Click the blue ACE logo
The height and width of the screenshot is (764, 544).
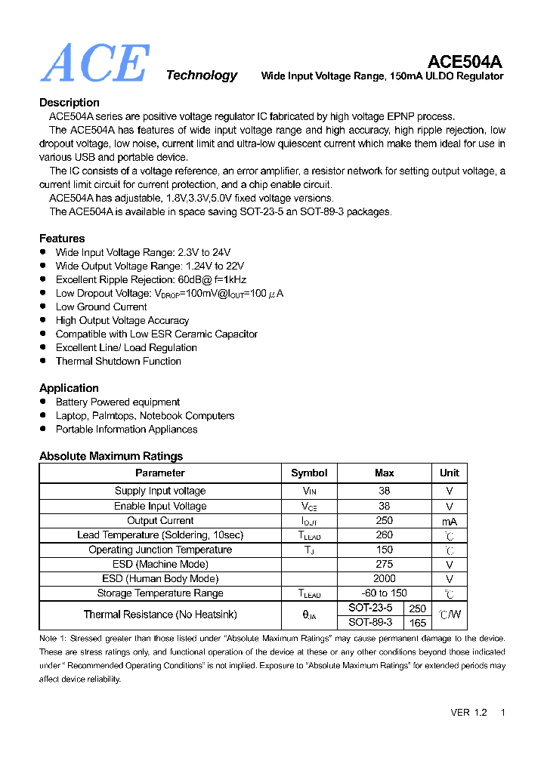(94, 63)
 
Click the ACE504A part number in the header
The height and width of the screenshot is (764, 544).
(465, 61)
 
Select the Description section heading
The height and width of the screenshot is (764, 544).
(70, 103)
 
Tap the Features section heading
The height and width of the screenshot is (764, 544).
(62, 239)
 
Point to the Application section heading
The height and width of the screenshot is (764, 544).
(69, 388)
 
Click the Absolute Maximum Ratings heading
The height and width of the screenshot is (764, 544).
(111, 456)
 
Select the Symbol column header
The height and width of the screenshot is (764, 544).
(309, 473)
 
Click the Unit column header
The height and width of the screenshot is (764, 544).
(449, 473)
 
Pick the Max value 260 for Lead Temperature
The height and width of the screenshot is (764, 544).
(384, 535)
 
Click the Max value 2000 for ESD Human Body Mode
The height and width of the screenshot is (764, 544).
(384, 579)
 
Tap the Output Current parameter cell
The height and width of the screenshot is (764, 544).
(160, 521)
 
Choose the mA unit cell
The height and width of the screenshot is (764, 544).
(449, 522)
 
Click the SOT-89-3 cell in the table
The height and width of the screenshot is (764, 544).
(370, 623)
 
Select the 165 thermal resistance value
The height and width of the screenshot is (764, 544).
(417, 623)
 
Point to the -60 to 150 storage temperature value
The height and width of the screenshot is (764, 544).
(384, 593)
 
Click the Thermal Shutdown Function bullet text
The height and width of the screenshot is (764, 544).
(118, 362)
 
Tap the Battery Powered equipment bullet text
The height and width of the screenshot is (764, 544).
(117, 402)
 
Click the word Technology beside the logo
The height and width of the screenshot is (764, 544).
(201, 75)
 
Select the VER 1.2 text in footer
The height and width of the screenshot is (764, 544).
(468, 713)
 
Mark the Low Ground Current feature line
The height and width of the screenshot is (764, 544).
(101, 307)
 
